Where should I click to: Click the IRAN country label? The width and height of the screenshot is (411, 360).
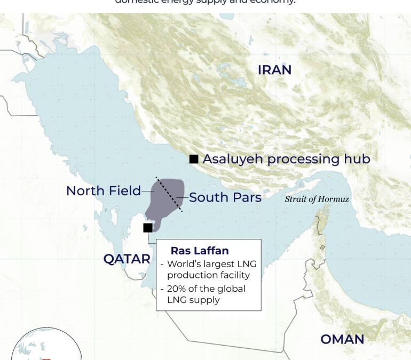pos(274,70)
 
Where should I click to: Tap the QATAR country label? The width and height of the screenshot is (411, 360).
pos(127,259)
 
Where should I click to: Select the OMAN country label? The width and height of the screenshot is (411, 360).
pos(342,339)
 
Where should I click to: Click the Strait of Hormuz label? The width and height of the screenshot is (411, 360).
pos(317,199)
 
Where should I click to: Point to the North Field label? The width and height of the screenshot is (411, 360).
pos(104,190)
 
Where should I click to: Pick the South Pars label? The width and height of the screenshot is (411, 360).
pos(225,197)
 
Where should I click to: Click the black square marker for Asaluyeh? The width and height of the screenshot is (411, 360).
pos(194,159)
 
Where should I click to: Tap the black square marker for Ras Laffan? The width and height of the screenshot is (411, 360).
pos(148,228)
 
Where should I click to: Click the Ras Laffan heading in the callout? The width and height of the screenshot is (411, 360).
pos(200,250)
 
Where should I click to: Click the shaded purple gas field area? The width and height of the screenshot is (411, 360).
pos(163,203)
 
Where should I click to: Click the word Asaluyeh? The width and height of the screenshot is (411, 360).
pos(233,159)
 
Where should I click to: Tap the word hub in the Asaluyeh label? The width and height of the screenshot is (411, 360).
pos(358,158)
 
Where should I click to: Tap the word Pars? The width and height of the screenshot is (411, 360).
pos(246,197)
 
